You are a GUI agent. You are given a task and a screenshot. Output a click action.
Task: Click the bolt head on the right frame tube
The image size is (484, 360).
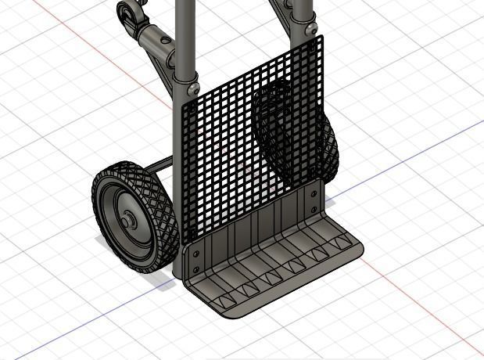[x=313, y=28]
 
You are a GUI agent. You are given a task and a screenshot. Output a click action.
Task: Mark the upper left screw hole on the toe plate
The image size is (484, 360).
[x=196, y=252]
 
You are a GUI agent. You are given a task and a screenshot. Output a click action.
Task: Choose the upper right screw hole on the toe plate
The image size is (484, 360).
[x=314, y=193]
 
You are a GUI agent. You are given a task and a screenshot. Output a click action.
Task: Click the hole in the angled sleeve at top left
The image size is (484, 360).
[x=163, y=39]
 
